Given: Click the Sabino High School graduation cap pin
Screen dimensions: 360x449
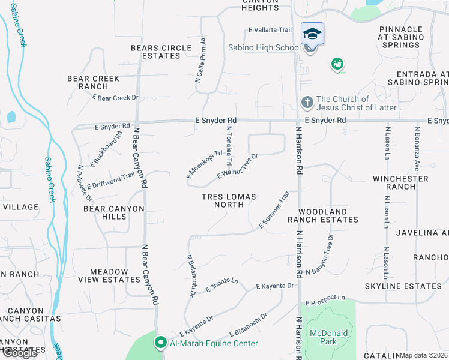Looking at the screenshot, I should (312, 34).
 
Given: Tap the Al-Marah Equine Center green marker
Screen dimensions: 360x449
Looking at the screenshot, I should (160, 343).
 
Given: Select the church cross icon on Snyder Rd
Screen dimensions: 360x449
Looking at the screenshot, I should (307, 103).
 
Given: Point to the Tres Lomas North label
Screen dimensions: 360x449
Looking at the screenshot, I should (229, 201).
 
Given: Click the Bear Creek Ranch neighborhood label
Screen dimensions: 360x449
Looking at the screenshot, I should (93, 82).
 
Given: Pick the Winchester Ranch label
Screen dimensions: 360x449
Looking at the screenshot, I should (400, 182).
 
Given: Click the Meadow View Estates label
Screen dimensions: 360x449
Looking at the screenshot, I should (114, 275).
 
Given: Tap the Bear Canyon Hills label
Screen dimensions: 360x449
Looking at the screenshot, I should (114, 212).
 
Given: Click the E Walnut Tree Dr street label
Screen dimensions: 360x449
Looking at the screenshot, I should (237, 166).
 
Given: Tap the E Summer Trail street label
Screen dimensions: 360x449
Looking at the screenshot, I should (274, 210).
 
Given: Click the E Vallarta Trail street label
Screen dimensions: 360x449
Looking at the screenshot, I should (270, 30).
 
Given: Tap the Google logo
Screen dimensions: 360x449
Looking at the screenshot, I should (20, 353).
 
